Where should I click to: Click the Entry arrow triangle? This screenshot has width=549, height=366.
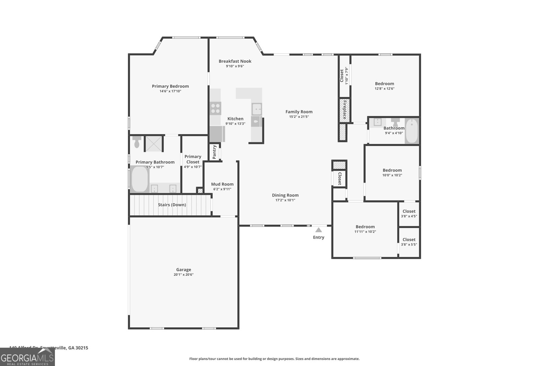click(318, 230)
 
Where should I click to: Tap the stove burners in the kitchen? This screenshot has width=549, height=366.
click(215, 108)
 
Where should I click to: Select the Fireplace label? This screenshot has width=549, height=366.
click(344, 110)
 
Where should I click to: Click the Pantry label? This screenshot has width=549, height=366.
click(214, 152)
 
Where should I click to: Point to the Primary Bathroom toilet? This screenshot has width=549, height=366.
click(137, 141)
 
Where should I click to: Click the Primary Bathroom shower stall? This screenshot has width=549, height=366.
click(154, 143)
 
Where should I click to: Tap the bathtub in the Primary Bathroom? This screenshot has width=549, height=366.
click(139, 179)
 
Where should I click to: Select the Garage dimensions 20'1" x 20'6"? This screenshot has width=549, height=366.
click(184, 274)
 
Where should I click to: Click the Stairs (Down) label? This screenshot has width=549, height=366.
click(172, 205)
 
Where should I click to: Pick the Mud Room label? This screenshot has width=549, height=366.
click(222, 184)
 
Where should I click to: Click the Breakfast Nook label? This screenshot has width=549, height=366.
click(235, 61)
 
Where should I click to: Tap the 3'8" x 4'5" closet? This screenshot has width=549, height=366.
click(409, 214)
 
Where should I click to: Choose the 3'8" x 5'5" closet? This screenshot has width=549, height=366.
click(409, 242)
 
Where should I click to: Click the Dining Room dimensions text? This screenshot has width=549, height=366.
click(285, 200)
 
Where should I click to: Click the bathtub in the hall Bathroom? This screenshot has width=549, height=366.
click(411, 131)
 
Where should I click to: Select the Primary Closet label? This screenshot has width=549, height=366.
click(193, 159)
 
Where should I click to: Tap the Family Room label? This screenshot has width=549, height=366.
click(299, 111)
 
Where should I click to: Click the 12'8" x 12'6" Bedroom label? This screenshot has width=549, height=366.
click(384, 84)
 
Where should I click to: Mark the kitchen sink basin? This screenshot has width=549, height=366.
click(256, 109)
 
